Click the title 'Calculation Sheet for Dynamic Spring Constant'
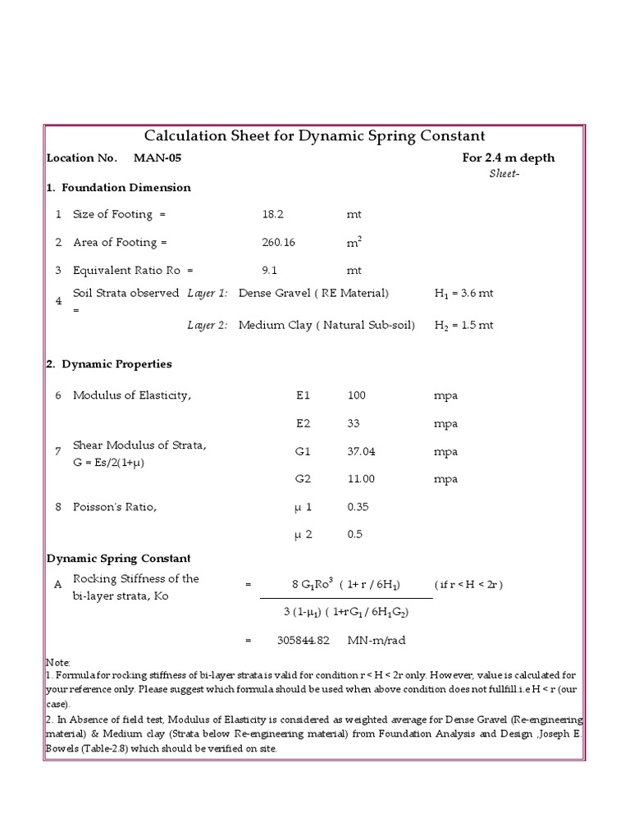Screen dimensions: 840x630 click(x=315, y=136)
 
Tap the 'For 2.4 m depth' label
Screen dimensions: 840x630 click(x=509, y=158)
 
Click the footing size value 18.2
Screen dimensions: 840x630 click(x=272, y=215)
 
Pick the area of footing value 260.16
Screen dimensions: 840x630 click(x=277, y=243)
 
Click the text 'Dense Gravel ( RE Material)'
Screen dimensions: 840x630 click(x=313, y=294)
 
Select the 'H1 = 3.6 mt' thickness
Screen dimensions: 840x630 click(x=463, y=294)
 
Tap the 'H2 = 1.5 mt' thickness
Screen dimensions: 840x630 click(x=463, y=326)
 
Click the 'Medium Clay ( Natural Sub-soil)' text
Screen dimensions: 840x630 click(x=326, y=326)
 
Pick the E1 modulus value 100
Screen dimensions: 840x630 click(x=357, y=396)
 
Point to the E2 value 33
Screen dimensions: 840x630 click(x=354, y=424)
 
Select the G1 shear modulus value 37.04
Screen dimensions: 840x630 click(x=362, y=452)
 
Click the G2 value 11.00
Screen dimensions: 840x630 click(x=361, y=480)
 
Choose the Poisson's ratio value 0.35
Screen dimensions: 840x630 click(x=358, y=507)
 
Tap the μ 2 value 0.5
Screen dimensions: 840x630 click(x=354, y=535)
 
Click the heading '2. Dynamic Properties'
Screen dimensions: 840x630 click(x=109, y=364)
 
